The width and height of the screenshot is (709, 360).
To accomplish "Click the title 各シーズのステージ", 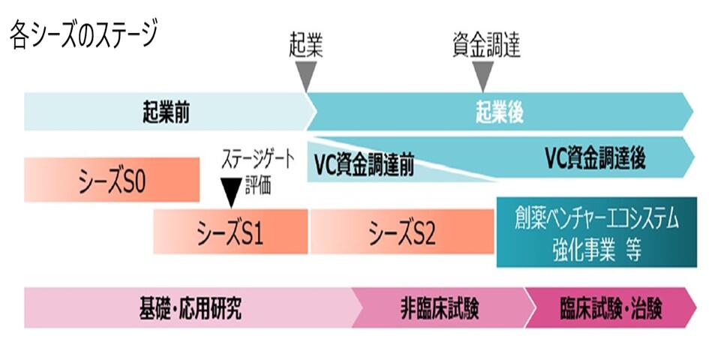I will pos(83,35).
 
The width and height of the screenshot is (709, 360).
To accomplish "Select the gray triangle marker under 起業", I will pos(306,75).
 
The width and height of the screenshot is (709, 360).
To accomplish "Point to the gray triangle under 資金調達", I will pos(484,75).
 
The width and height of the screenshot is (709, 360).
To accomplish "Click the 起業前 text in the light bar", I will pos(165,112).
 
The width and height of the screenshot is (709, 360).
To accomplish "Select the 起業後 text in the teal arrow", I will pos(499,112).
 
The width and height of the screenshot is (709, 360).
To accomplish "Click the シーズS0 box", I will pos(112,180).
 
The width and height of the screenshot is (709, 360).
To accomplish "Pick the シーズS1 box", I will pos(230,233).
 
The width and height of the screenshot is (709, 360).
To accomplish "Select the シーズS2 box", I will pos(402,233).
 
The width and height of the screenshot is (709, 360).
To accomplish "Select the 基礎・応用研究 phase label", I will pos(191,308).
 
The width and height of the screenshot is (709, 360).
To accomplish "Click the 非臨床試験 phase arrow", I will pos(440,308).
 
